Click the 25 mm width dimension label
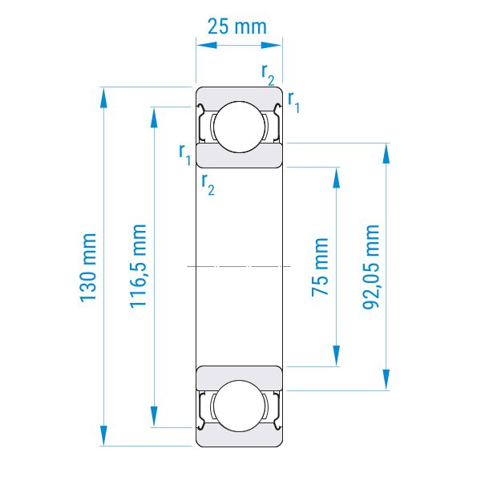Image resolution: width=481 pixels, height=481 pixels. (x=237, y=26)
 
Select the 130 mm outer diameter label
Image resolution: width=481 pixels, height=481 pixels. (x=87, y=268)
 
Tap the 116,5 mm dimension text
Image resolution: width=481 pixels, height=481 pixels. (x=138, y=266)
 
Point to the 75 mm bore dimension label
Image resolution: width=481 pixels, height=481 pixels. (x=320, y=267)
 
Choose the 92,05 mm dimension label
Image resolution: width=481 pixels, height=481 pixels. (x=371, y=267)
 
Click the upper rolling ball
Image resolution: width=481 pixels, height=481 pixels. (x=239, y=127)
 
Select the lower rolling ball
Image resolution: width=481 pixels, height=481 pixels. (x=239, y=406)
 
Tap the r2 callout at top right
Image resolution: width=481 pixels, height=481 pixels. (x=268, y=75)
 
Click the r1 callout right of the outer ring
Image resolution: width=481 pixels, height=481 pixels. (x=293, y=102)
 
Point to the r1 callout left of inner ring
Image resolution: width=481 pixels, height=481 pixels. (x=185, y=155)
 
